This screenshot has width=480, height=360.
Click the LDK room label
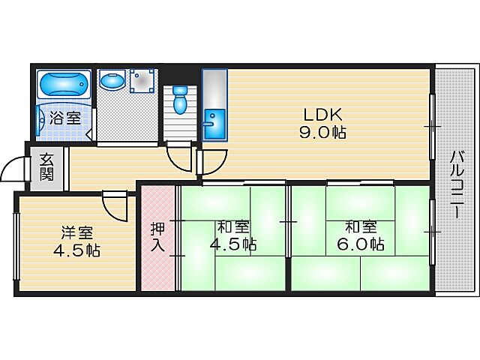(x=322, y=115)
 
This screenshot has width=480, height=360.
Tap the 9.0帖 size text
(x=323, y=133)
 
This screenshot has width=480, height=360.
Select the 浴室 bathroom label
(x=65, y=118)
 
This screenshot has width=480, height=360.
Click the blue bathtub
(x=64, y=84)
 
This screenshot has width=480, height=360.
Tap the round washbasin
(x=112, y=80)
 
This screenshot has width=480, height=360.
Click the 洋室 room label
(x=76, y=232)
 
